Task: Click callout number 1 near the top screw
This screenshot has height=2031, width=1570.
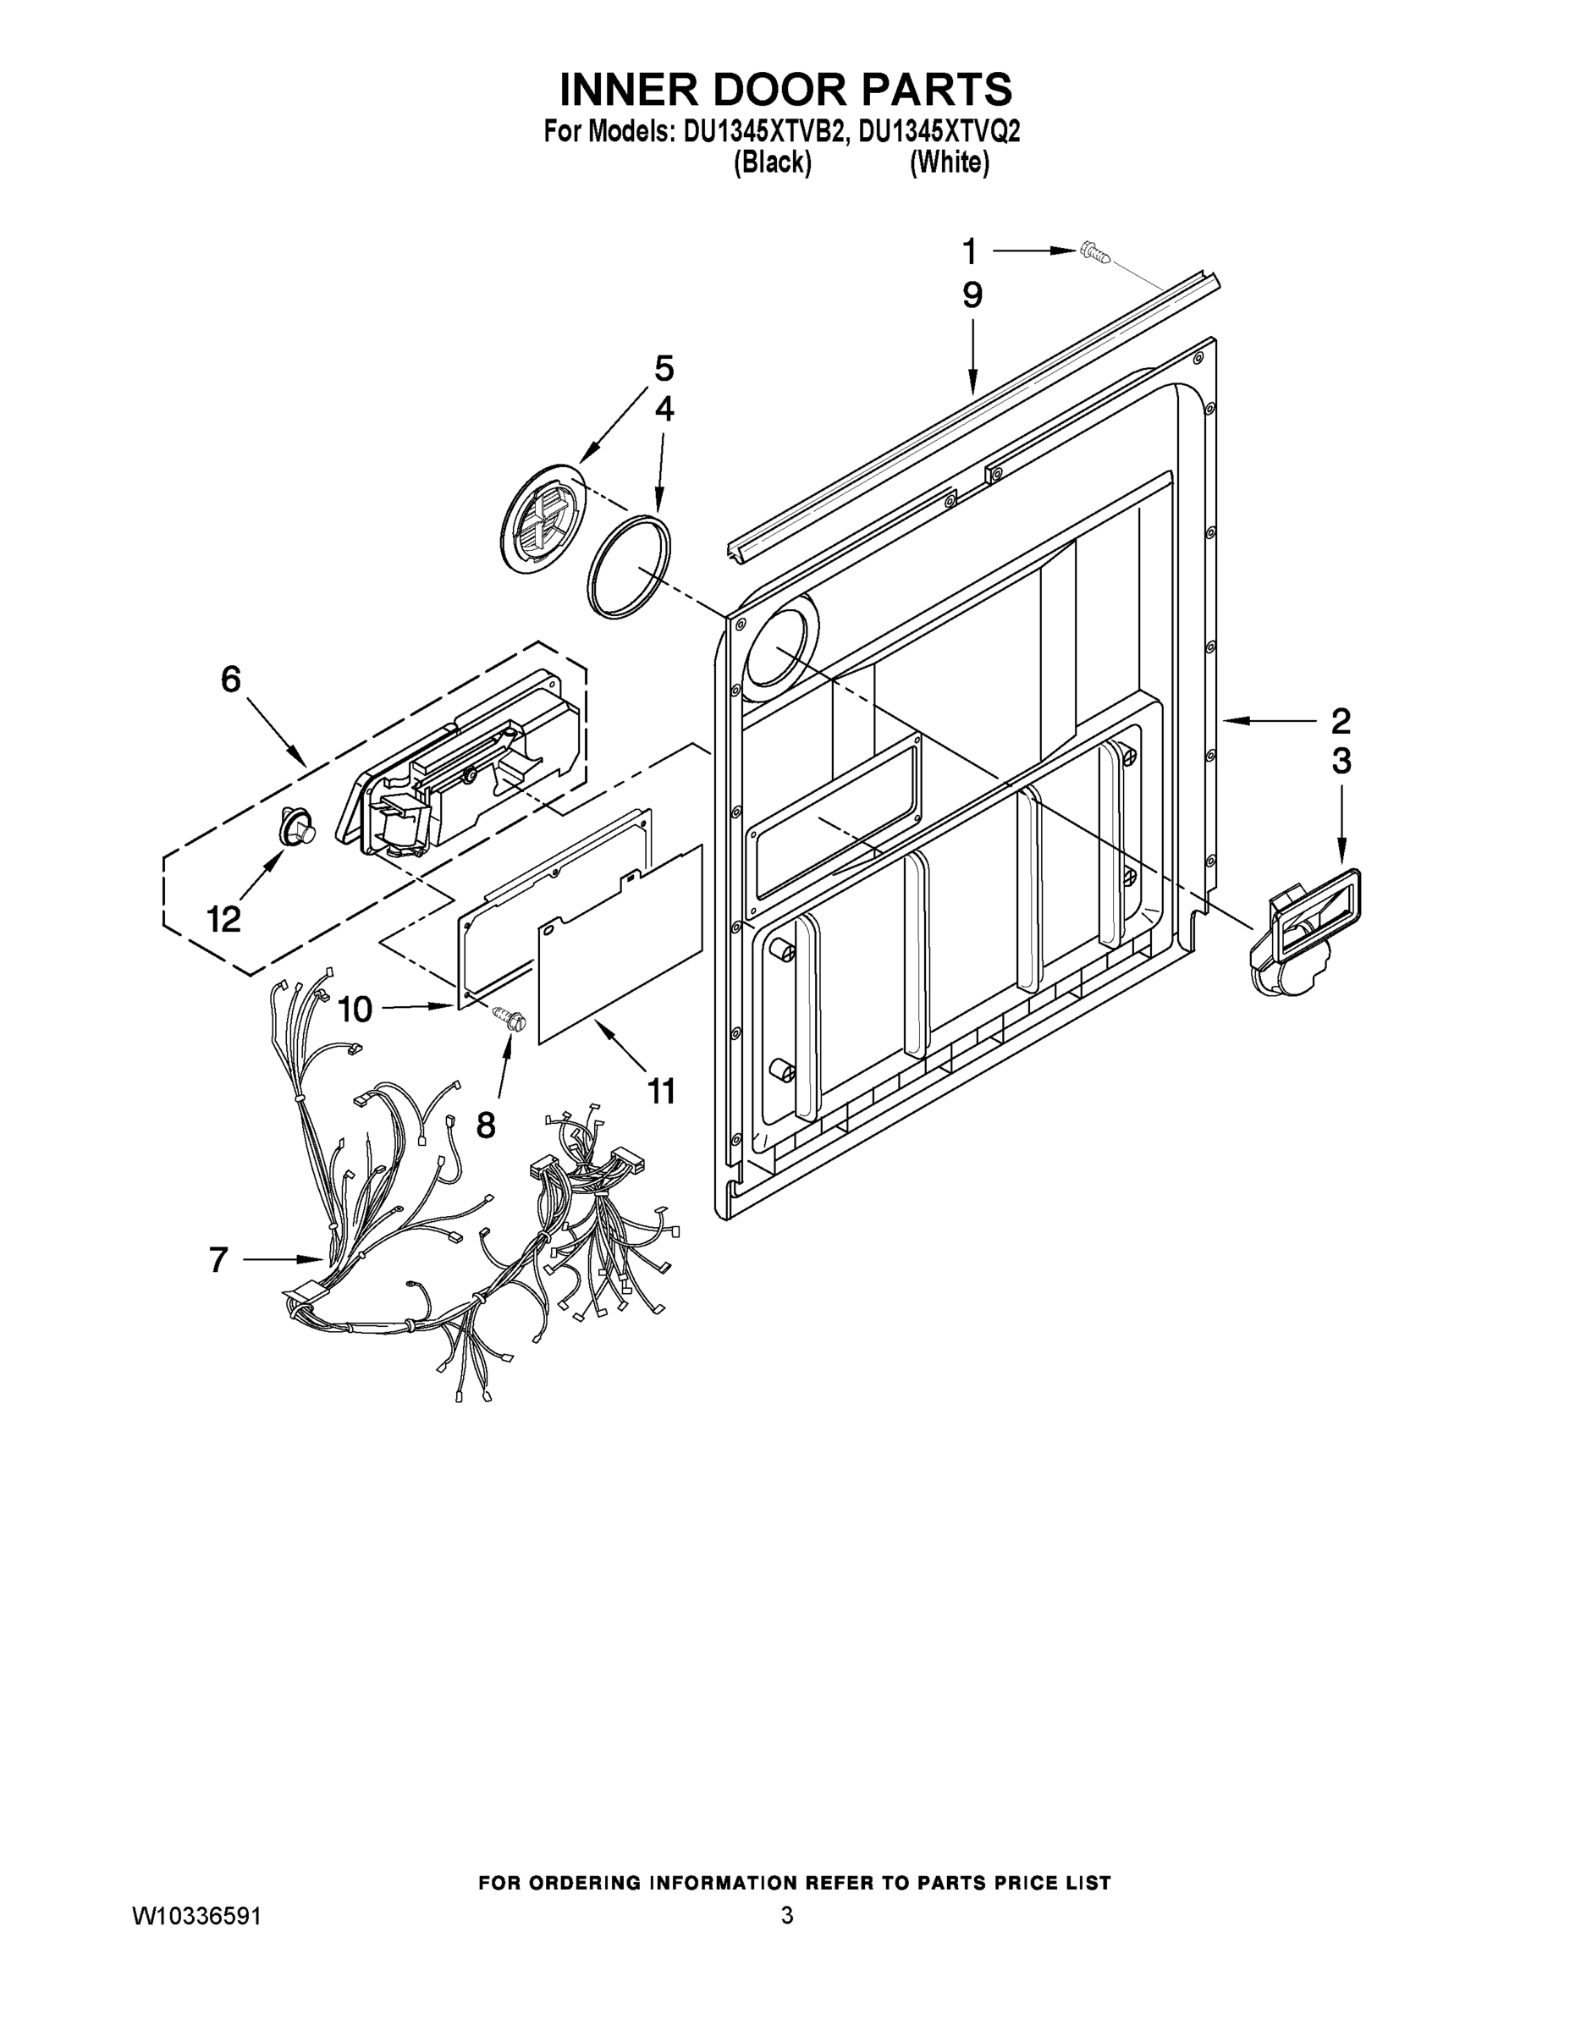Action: (x=969, y=251)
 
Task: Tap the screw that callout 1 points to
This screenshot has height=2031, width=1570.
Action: (x=1093, y=252)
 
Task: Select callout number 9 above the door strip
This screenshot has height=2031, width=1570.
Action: (x=972, y=295)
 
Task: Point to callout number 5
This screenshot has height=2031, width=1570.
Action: (x=664, y=368)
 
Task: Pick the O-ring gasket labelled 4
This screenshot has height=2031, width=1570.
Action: (x=629, y=564)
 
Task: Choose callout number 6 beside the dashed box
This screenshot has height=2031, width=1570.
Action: (x=231, y=680)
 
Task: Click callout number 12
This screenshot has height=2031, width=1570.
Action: (x=223, y=920)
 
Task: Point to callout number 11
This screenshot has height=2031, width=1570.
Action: (x=661, y=1091)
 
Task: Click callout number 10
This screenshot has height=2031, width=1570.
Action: (x=355, y=1008)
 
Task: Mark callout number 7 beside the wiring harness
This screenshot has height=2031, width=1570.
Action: (x=218, y=1260)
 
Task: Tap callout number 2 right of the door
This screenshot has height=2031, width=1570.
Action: (x=1341, y=721)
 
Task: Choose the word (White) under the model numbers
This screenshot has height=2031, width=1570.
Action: (x=949, y=163)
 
